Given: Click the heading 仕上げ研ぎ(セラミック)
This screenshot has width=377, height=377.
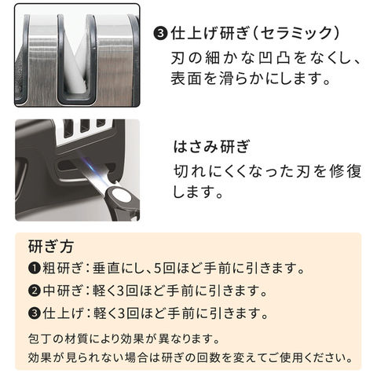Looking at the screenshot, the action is point(255,34).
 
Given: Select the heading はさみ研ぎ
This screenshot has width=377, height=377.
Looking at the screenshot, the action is point(211,147).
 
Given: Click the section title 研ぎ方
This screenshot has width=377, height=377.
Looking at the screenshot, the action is point(51,246).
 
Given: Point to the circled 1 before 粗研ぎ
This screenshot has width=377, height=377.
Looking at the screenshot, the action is point(35,268).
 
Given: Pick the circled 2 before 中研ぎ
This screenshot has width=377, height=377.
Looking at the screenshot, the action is point(35,291).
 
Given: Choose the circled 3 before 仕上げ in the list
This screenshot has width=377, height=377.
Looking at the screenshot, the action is point(35,313).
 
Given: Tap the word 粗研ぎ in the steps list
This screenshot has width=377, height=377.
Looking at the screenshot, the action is point(62,268).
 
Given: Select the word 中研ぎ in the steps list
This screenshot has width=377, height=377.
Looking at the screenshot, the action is point(62,291).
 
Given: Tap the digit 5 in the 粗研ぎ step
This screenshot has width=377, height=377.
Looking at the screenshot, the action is point(157,268).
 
